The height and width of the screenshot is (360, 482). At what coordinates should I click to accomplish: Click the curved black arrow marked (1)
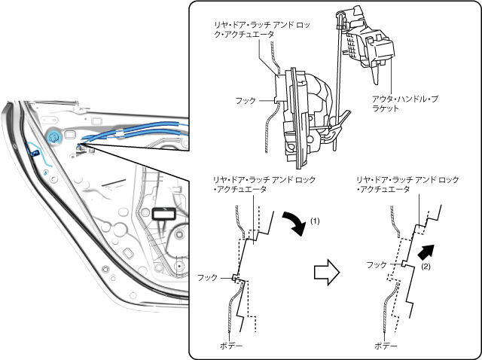(x=294, y=223)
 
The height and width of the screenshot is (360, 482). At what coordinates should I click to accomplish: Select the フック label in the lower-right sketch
(x=377, y=265)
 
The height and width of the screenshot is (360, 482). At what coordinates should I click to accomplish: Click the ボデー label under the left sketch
(x=231, y=346)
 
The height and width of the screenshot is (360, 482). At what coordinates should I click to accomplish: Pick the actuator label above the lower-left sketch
(x=264, y=186)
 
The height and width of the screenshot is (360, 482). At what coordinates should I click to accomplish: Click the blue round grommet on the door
(x=54, y=138)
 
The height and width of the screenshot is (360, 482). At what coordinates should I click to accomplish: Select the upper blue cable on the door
(x=136, y=126)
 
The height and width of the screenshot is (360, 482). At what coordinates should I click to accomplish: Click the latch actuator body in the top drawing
(x=305, y=113)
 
